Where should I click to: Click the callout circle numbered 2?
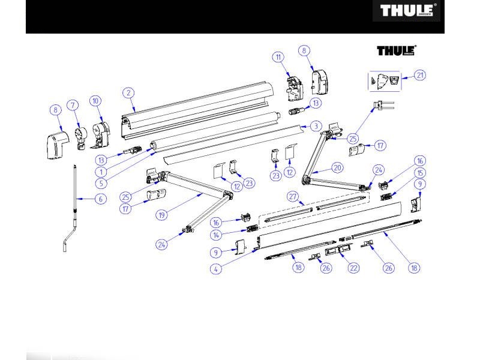click(128, 93)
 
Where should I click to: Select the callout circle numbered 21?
click(420, 76)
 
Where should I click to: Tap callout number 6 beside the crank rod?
click(101, 199)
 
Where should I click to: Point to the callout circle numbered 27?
click(293, 197)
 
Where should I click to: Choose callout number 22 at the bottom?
click(353, 268)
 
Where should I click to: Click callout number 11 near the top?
click(278, 57)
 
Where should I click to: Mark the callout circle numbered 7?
click(73, 106)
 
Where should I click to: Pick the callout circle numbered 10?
click(95, 101)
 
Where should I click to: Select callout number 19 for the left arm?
click(161, 215)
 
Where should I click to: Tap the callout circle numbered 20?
click(337, 168)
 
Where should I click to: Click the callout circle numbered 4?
click(216, 269)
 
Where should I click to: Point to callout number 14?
click(216, 235)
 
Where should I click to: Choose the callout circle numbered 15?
click(420, 173)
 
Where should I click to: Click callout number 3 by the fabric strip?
click(316, 126)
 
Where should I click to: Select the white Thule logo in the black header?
click(407, 11)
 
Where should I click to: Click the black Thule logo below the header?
click(397, 50)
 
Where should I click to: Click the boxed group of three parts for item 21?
click(384, 81)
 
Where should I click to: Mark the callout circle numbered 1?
click(101, 172)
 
